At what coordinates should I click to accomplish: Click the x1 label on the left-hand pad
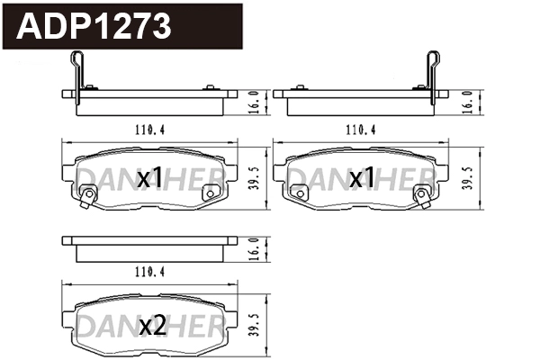coord(150,179)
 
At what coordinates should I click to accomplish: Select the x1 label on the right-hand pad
coord(362,179)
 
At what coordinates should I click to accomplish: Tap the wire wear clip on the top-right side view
coord(433,72)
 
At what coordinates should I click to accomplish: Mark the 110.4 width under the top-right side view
coord(360,129)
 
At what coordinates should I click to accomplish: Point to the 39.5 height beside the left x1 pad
coord(255,176)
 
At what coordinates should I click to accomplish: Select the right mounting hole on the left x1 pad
coord(210,191)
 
